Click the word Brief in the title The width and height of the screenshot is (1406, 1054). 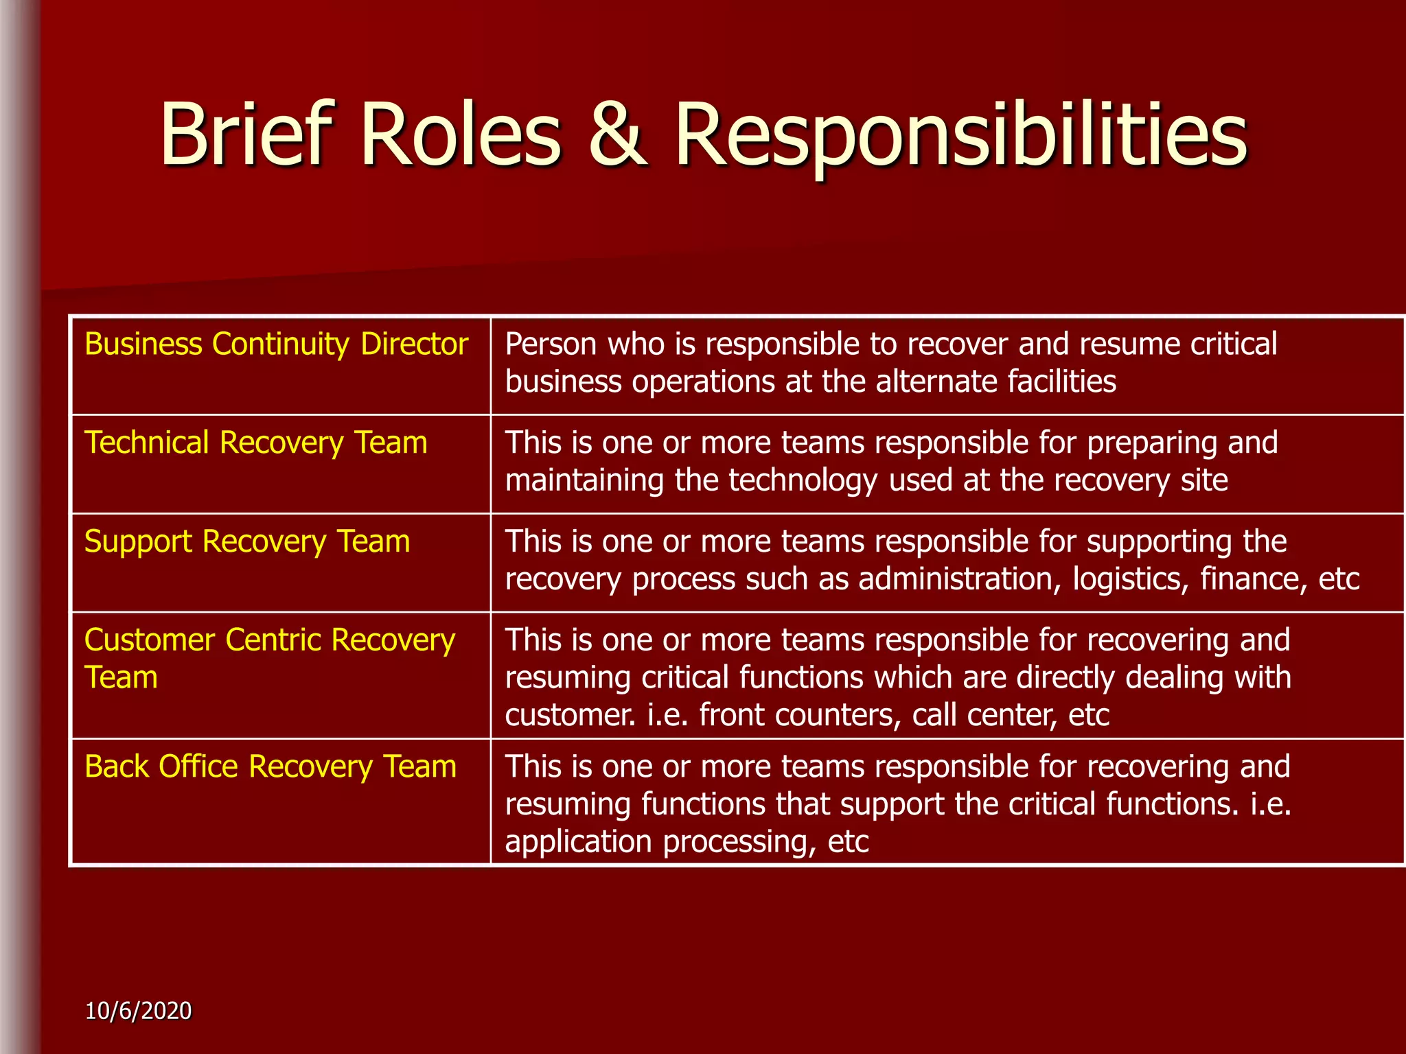pyautogui.click(x=247, y=134)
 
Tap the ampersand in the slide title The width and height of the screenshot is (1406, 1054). pyautogui.click(x=617, y=134)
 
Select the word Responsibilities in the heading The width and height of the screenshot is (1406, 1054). pyautogui.click(x=960, y=134)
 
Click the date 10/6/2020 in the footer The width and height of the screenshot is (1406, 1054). pyautogui.click(x=139, y=1011)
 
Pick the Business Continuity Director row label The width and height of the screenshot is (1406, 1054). pyautogui.click(x=276, y=344)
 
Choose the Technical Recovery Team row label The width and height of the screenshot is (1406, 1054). pyautogui.click(x=255, y=443)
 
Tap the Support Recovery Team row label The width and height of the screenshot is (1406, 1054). pyautogui.click(x=247, y=541)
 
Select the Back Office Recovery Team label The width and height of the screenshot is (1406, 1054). pyautogui.click(x=270, y=766)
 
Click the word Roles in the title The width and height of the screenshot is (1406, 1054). pyautogui.click(x=461, y=134)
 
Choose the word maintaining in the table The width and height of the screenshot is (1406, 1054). pyautogui.click(x=584, y=480)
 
